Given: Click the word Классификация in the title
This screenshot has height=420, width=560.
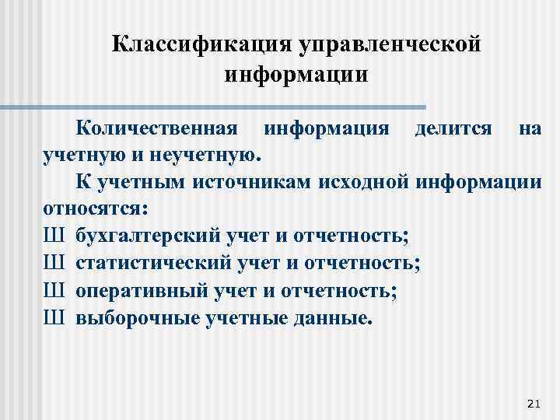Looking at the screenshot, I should pos(201,44).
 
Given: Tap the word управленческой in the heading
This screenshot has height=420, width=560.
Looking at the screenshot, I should pos(388,44).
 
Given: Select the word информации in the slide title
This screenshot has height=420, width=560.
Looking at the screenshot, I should pos(296,75).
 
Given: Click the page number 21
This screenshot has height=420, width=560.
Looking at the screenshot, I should pos(533,402).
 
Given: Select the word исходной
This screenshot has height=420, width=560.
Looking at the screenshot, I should pos(364,182).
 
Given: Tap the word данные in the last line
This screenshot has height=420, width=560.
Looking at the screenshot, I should pos(333,318).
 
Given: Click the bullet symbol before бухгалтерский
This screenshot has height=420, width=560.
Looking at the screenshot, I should pos(54,236).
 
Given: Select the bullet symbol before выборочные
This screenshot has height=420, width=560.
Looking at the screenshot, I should pos(54,318).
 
